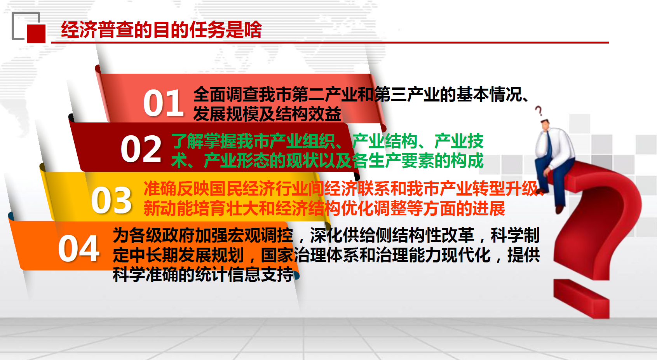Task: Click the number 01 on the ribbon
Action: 163,103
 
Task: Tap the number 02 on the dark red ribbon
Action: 141,149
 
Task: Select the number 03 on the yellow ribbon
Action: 112,200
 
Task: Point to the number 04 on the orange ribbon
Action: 78,249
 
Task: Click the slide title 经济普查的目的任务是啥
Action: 161,30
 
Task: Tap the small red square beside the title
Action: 36,34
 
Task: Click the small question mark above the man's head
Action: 538,111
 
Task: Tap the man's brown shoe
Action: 559,209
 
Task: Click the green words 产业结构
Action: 385,141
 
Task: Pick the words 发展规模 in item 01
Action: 226,114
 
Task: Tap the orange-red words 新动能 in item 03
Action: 168,209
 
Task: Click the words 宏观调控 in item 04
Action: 260,235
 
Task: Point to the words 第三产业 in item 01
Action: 407,94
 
